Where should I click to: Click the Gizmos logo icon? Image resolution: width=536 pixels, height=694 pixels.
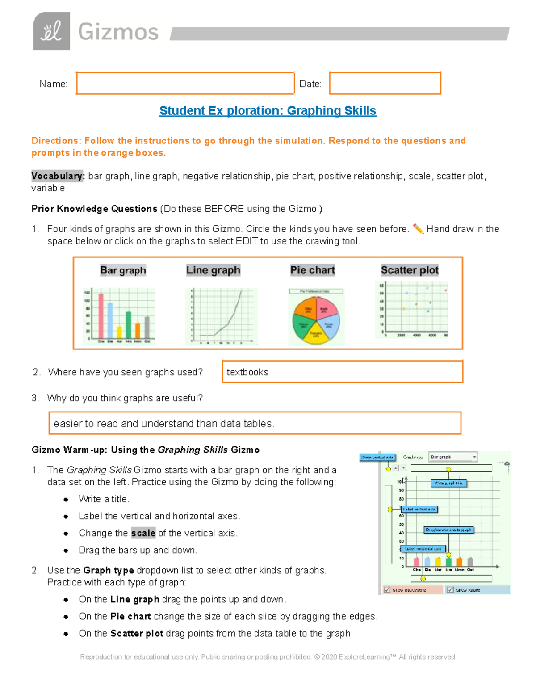[x=51, y=31]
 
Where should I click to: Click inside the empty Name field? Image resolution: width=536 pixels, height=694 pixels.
[x=185, y=83]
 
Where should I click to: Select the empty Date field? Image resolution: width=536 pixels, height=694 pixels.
[x=385, y=83]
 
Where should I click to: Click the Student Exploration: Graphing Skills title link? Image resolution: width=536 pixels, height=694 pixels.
[x=268, y=111]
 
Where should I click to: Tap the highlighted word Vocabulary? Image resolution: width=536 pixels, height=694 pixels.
[x=58, y=176]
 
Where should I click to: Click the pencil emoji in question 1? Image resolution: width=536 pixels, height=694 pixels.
[x=418, y=229]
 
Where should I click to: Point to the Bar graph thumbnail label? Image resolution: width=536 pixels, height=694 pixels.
[x=123, y=270]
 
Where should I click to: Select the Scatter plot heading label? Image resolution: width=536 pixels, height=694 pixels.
[x=410, y=270]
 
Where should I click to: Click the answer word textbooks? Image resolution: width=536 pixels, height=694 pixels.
[x=247, y=372]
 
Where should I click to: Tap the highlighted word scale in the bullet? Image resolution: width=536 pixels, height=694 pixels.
[x=143, y=533]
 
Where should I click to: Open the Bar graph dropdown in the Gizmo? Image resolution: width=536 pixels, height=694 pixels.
[x=453, y=457]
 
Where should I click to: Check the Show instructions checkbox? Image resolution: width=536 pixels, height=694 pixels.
[x=387, y=590]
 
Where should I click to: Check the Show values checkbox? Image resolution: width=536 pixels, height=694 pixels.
[x=450, y=590]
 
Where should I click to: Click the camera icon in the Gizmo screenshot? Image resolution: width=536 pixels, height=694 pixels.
[x=507, y=464]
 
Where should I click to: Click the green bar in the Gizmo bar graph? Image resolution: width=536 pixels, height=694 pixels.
[x=448, y=561]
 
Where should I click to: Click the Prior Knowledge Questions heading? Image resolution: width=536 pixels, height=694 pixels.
[x=94, y=209]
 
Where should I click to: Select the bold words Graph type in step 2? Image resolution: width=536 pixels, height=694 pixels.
[x=109, y=570]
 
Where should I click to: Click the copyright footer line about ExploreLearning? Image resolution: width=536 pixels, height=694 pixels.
[x=267, y=657]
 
